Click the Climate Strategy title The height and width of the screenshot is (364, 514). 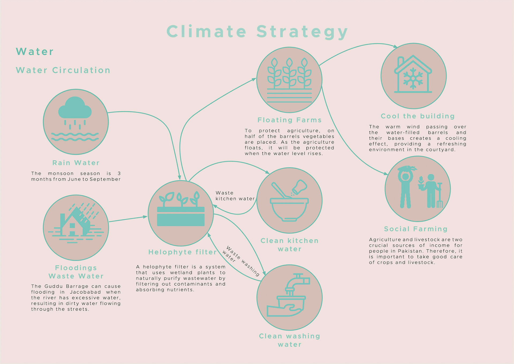[257, 32]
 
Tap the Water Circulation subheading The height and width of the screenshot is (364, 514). [63, 70]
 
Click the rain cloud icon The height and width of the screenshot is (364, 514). [75, 109]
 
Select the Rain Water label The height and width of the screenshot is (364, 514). [76, 163]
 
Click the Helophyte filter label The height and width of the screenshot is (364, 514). [182, 252]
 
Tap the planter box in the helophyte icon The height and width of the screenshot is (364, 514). [181, 216]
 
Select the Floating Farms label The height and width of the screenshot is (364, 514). [289, 120]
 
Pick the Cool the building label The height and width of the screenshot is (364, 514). [418, 116]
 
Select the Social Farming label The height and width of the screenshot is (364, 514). [416, 229]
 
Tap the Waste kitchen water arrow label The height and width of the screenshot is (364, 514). [235, 196]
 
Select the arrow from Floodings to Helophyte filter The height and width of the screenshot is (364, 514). [128, 219]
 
